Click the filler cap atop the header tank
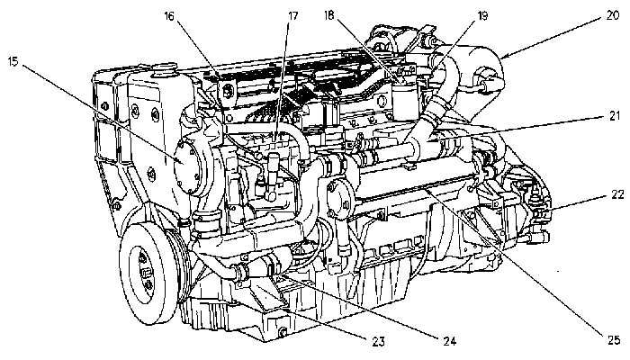click(x=164, y=67)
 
